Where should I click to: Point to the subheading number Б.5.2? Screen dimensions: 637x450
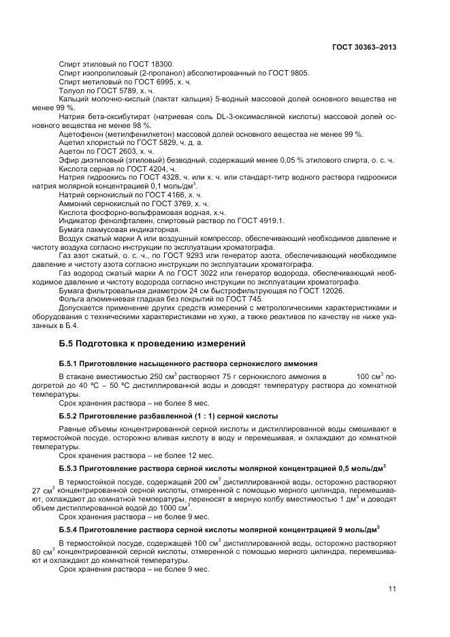tap(69, 415)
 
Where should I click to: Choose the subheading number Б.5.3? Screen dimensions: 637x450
tap(69, 468)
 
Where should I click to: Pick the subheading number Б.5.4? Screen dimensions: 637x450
tap(69, 529)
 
